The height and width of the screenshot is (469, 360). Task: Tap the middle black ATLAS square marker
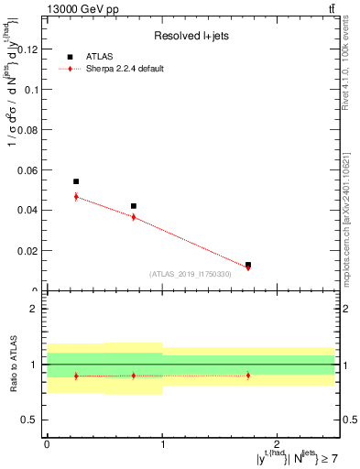pyautogui.click(x=134, y=206)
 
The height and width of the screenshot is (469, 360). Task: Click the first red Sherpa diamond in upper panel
pyautogui.click(x=76, y=196)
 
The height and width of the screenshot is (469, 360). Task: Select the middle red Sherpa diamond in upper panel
pyautogui.click(x=134, y=217)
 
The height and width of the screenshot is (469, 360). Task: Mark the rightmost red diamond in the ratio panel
pyautogui.click(x=248, y=376)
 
